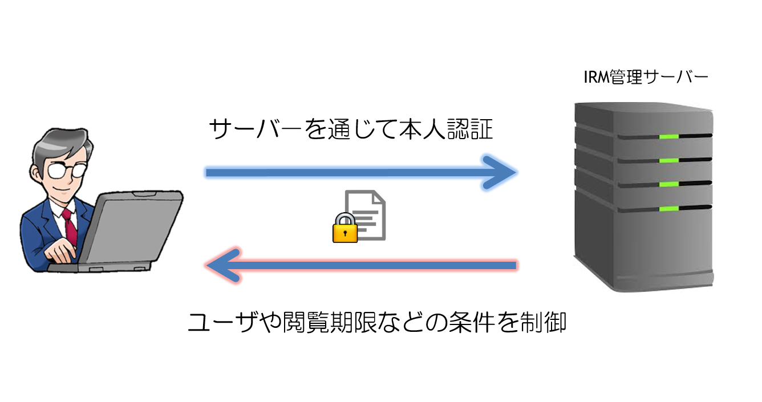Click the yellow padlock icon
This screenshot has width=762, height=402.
[344, 228]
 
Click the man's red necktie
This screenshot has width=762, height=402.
[71, 226]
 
